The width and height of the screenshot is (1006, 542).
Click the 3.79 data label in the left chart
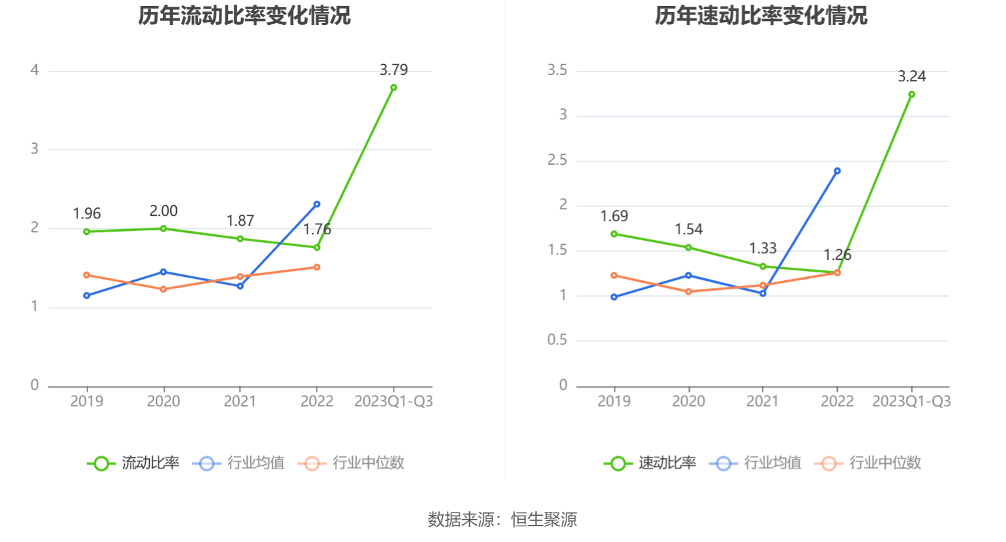(394, 70)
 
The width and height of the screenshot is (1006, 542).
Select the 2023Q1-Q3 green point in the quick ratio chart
(911, 94)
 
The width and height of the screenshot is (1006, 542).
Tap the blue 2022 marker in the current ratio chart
(317, 204)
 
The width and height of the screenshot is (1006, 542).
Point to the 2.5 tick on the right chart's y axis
(557, 160)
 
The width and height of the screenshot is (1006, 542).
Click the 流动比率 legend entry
(134, 463)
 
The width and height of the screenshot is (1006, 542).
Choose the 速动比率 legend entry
(651, 463)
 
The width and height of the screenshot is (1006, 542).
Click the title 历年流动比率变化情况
(244, 15)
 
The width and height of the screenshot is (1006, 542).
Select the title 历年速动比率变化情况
(761, 15)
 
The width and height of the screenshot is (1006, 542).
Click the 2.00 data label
(163, 211)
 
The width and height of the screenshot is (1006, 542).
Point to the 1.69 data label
(614, 216)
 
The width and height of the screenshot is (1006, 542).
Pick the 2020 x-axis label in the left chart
(163, 401)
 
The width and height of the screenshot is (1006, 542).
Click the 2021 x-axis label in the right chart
(762, 401)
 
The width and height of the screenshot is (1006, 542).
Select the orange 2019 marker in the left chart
(87, 275)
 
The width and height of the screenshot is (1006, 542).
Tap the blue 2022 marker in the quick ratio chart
(837, 171)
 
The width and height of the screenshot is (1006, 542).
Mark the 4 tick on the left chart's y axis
(35, 70)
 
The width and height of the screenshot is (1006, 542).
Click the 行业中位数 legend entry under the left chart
(352, 463)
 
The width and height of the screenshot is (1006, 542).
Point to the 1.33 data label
(763, 248)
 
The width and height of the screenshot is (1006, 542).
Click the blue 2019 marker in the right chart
(614, 297)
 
